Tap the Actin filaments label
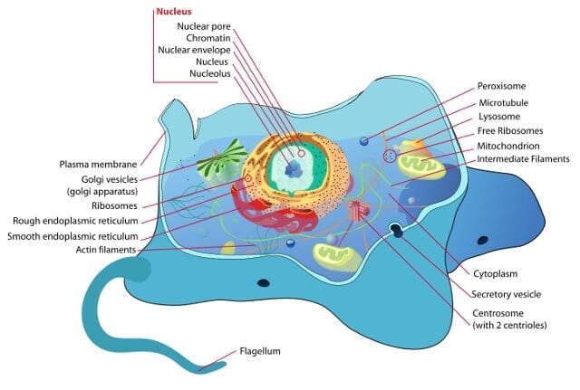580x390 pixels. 105,250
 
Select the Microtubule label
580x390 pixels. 503,102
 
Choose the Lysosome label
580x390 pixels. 499,117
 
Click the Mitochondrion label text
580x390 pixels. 508,146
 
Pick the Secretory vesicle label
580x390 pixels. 508,294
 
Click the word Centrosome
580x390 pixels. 498,313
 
